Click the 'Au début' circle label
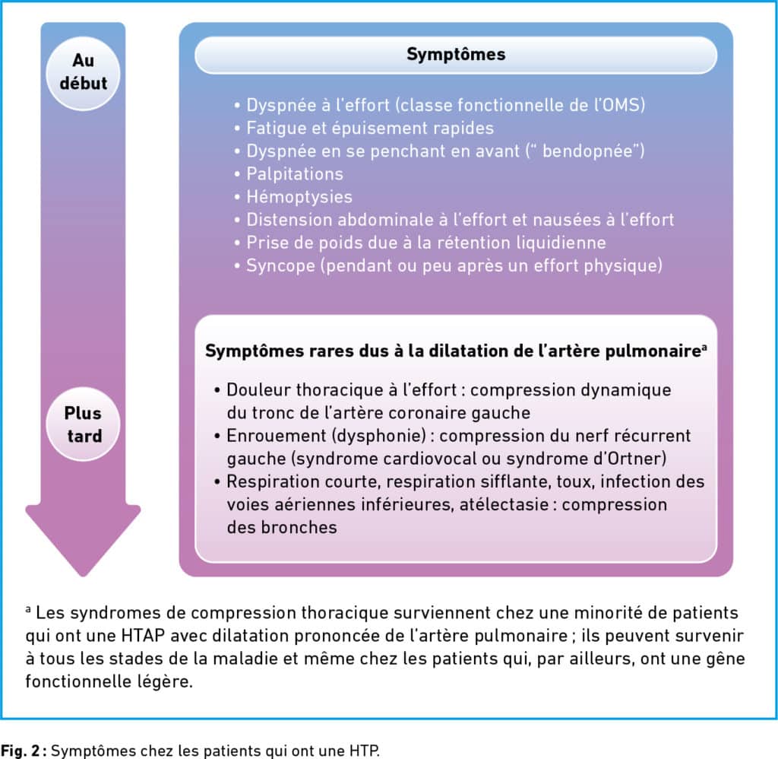pyautogui.click(x=84, y=72)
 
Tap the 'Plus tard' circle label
pyautogui.click(x=83, y=424)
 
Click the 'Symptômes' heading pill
pyautogui.click(x=456, y=55)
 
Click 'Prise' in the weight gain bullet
pyautogui.click(x=264, y=243)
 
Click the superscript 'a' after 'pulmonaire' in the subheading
pyautogui.click(x=705, y=348)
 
